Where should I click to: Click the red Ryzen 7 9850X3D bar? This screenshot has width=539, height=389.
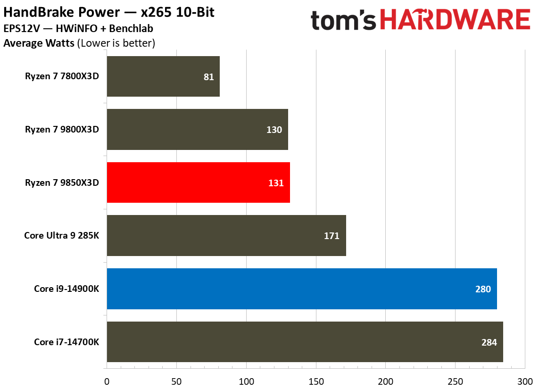click(x=198, y=182)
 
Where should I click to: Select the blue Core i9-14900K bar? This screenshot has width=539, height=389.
click(x=302, y=289)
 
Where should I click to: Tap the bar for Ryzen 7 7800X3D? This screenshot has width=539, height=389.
click(x=163, y=76)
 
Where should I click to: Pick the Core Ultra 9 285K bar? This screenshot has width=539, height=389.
click(x=226, y=235)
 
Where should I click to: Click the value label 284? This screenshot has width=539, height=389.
click(x=489, y=342)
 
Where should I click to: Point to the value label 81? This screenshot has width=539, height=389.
click(x=209, y=77)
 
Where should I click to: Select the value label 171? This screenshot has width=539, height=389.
click(x=332, y=236)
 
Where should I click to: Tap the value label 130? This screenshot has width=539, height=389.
click(x=274, y=130)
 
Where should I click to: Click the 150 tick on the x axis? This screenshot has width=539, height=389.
click(x=316, y=381)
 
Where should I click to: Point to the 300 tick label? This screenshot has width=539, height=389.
click(x=524, y=381)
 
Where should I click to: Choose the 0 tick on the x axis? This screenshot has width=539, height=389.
click(x=107, y=381)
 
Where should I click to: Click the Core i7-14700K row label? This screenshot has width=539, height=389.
click(x=66, y=342)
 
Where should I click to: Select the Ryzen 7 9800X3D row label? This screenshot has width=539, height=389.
click(x=62, y=130)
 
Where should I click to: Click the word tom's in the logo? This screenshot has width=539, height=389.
click(x=344, y=20)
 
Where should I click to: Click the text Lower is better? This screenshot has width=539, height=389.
click(x=116, y=43)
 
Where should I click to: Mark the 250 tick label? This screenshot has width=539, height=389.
click(x=455, y=381)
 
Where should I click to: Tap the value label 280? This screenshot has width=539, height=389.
click(x=483, y=289)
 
